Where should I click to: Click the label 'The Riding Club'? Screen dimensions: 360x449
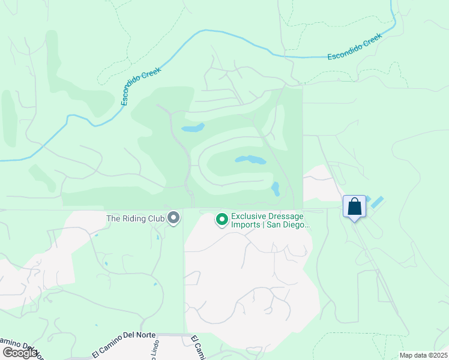(x=136, y=218)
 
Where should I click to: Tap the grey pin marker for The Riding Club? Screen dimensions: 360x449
(x=174, y=218)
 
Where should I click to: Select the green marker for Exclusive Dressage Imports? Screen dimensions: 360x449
(x=221, y=220)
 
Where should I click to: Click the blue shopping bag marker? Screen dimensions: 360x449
(x=354, y=206)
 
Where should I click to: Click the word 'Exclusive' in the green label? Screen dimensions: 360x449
(x=249, y=216)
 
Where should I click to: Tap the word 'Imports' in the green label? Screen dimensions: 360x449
(x=245, y=226)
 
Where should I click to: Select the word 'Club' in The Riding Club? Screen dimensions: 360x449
(x=157, y=218)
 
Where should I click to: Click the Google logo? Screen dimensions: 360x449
(x=19, y=353)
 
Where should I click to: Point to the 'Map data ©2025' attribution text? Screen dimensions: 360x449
(x=423, y=355)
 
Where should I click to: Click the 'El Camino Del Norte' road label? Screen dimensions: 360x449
(x=124, y=344)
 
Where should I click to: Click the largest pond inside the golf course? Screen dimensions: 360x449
(x=250, y=160)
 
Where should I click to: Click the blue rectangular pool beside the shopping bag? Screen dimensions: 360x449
(x=378, y=202)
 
